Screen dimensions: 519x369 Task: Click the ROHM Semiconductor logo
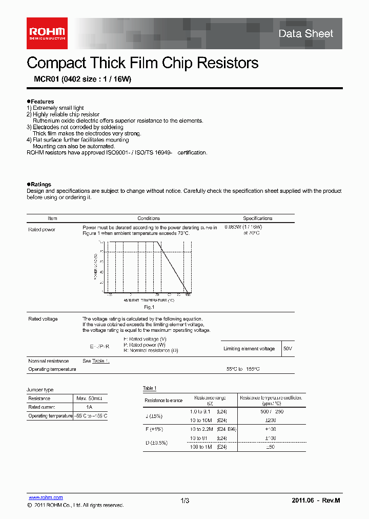click(47, 33)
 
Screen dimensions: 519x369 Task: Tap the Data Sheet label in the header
click(305, 34)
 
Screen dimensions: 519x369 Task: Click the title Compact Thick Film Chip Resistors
click(142, 63)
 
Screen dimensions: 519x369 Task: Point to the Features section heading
click(42, 102)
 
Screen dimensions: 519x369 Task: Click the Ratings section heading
click(40, 184)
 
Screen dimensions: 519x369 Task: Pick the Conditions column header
click(149, 218)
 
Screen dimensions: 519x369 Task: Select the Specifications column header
click(257, 218)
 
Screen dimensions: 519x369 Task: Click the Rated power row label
click(42, 230)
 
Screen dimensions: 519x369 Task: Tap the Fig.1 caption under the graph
click(149, 307)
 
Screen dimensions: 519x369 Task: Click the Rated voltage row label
click(43, 319)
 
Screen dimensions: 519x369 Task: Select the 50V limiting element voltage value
click(288, 349)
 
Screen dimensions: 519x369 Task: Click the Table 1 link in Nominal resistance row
click(100, 362)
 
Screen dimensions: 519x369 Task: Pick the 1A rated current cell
click(90, 407)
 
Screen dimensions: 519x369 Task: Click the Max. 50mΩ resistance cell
click(90, 398)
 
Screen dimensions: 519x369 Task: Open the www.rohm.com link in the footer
click(45, 497)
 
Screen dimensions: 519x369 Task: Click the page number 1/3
click(185, 501)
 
